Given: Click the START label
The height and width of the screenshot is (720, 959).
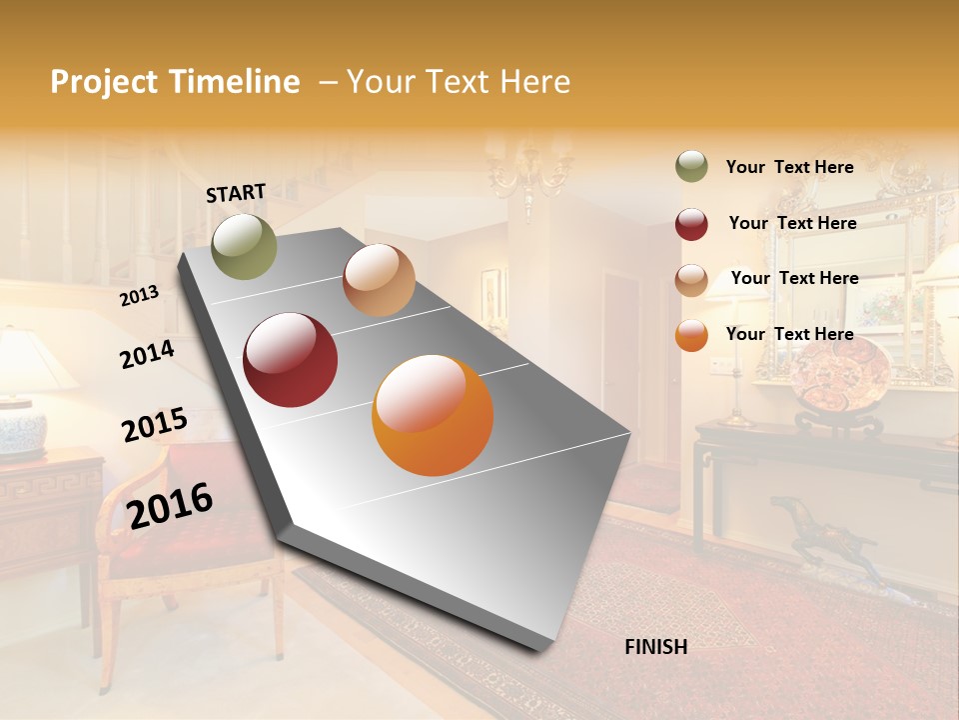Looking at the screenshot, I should coord(236,193).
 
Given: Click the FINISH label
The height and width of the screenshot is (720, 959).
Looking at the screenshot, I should coord(656,647).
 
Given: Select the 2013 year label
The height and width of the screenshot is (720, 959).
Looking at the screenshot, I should coord(140,295).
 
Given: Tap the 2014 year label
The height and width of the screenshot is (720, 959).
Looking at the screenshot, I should coord(148,354).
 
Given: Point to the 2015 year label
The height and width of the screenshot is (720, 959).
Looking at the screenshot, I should coord(155,425).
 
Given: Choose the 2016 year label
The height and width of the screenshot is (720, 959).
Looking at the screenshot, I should coord(171,505).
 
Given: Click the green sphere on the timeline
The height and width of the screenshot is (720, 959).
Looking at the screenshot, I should coord(245,246).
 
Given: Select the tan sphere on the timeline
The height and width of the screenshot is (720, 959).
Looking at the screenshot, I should coord(379,280).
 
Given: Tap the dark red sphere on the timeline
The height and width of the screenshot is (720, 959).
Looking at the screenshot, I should coord(291,360).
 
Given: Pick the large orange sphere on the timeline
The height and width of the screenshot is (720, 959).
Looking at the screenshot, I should coord(433,415).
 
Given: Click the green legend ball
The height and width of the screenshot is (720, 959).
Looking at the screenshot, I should coord(691,167).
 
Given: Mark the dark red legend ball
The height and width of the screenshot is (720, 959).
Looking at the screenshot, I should coord(691,224).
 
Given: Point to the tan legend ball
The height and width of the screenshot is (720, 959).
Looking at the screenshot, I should coord(691,280).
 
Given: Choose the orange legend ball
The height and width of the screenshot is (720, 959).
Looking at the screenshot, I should coord(691,335).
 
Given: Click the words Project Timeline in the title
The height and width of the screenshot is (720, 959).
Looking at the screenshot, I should coord(175,82).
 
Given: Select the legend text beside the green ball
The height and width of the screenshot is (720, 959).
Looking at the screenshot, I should coord(790,167).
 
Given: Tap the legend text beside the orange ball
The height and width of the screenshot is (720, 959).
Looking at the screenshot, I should coord(790,334).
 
